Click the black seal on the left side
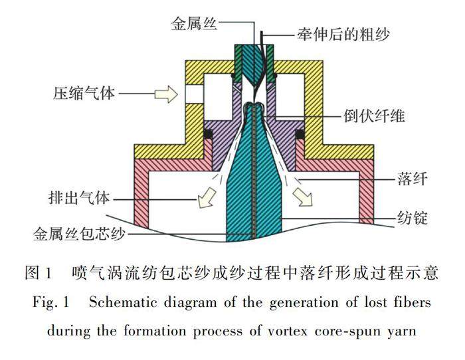point(208,134)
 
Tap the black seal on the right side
point(300,134)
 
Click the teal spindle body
point(256,193)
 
